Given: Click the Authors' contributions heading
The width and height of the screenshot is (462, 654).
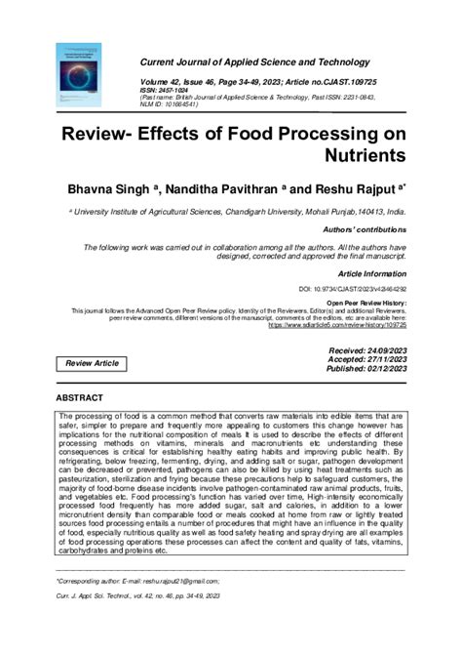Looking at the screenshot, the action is click(365, 228).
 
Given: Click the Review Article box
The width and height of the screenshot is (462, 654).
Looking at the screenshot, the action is click(92, 363).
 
